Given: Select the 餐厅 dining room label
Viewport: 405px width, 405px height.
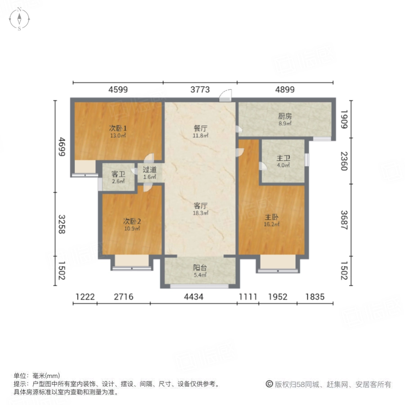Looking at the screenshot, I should pos(200,127).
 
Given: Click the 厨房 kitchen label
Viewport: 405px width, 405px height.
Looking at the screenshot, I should pos(285,116).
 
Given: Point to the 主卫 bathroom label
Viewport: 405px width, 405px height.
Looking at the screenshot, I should pos(283,158).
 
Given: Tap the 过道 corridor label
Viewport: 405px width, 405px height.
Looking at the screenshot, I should pos(149,170).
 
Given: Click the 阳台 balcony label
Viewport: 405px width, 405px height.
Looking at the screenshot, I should pos(200,267).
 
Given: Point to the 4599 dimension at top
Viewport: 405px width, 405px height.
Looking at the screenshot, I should pos(118,90).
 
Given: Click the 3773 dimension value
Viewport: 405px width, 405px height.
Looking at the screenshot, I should pos(200,90).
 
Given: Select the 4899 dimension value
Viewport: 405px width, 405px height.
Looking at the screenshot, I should pos(285,90).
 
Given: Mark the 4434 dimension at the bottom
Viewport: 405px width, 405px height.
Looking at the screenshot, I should pos(194,297).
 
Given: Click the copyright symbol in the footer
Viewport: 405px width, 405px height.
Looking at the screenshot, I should pos(269,384).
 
